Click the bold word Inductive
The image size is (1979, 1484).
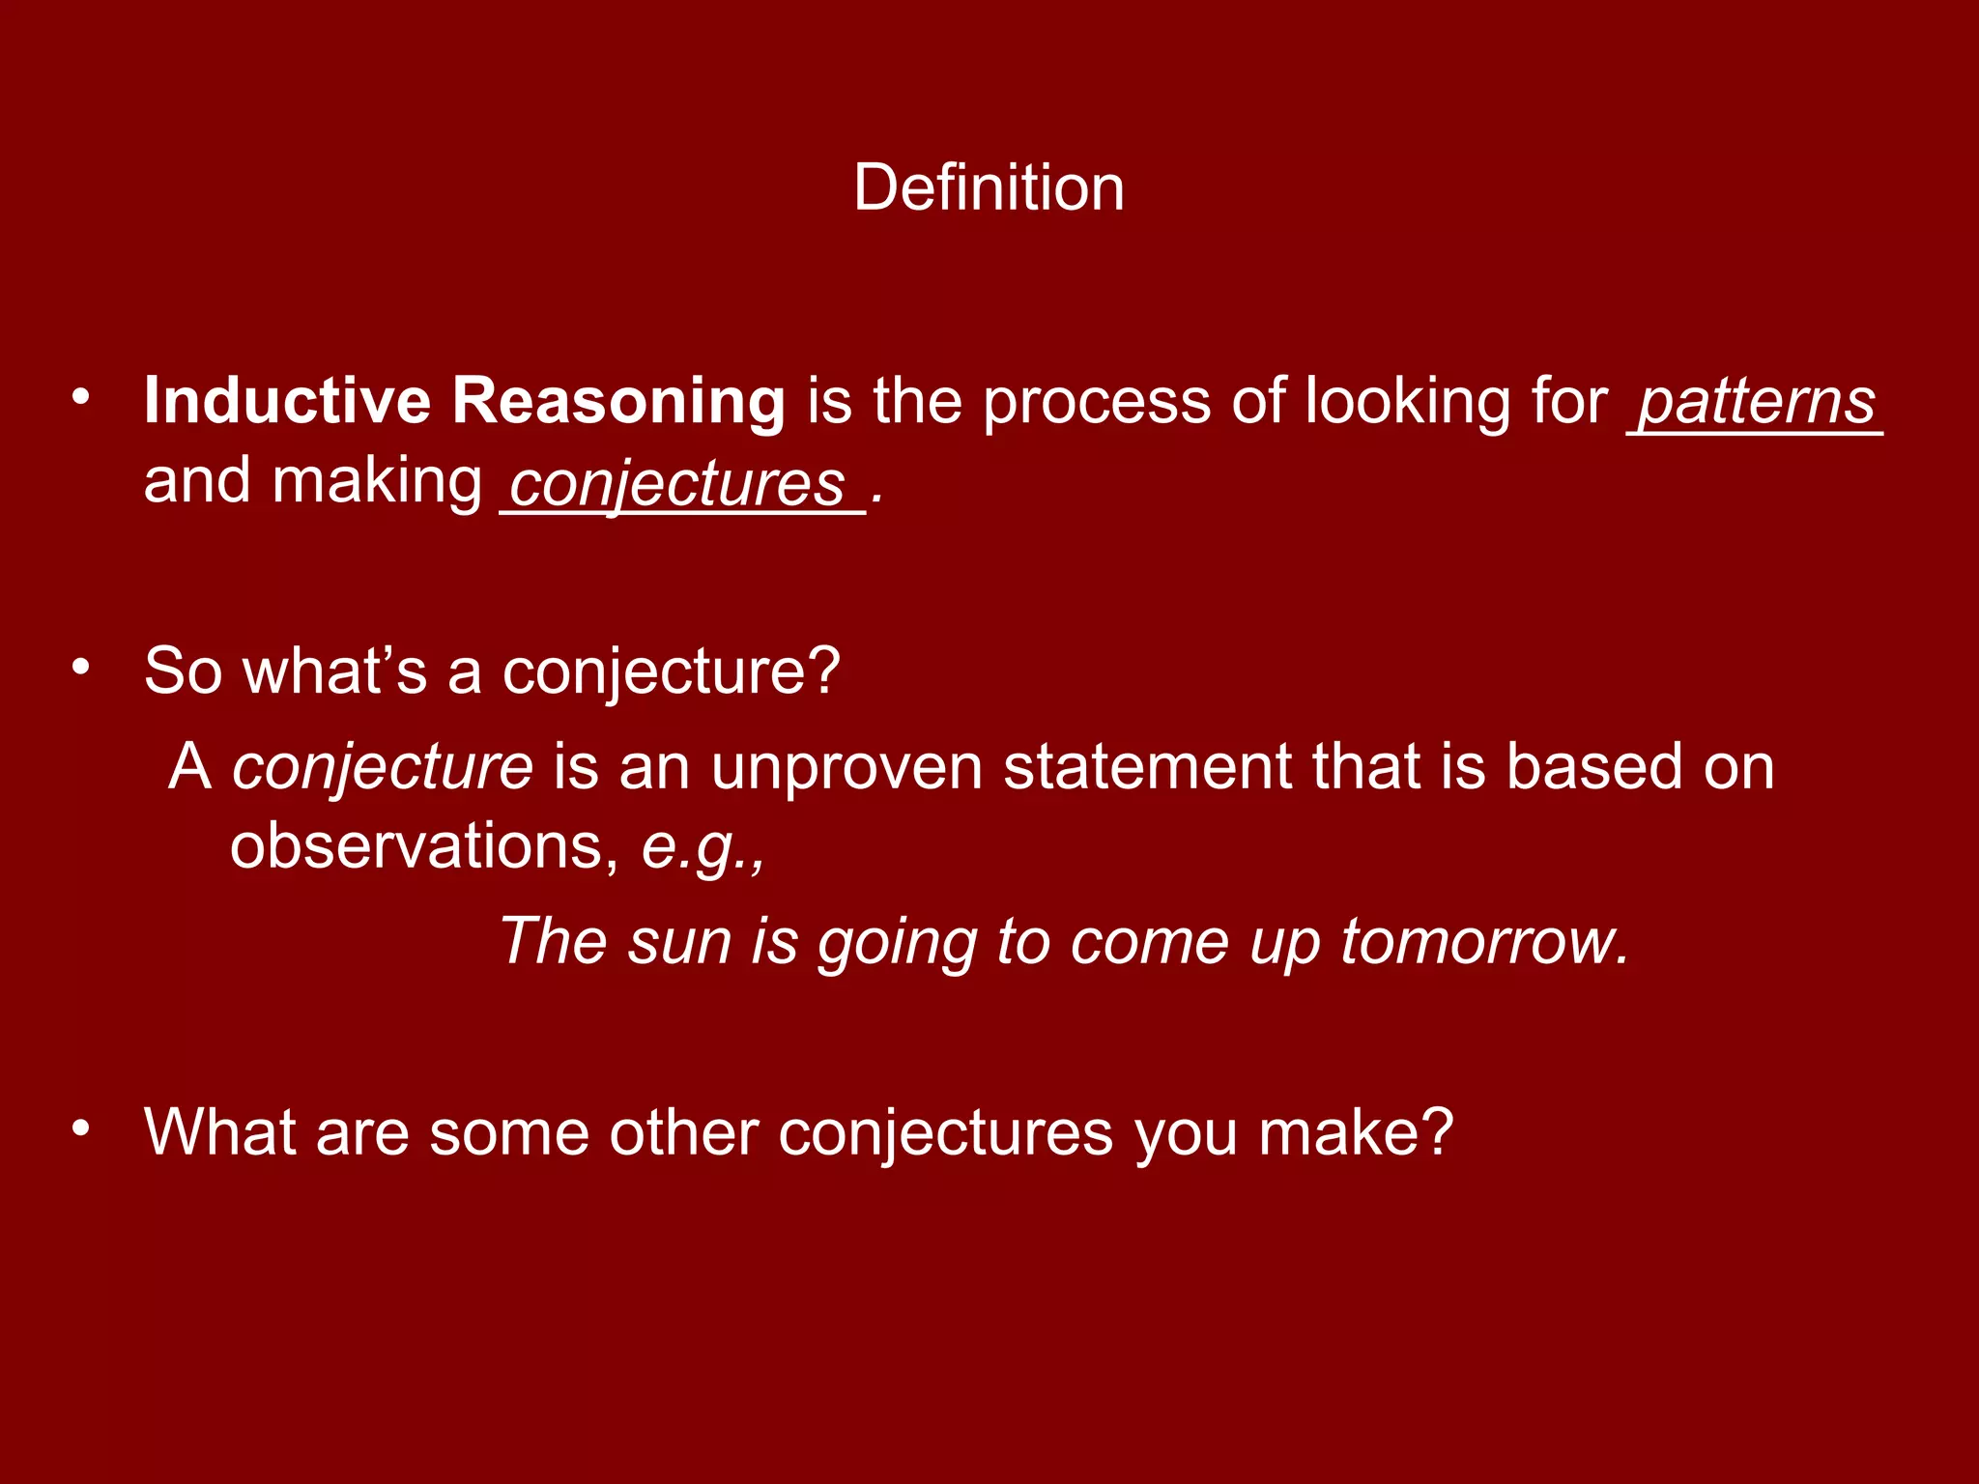tap(287, 400)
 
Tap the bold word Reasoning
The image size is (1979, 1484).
tap(618, 402)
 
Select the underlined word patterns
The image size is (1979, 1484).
tap(1757, 402)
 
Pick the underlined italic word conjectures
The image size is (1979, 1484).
tap(676, 483)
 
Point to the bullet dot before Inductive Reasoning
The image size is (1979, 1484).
tap(81, 396)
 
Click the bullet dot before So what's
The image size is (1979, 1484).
tap(81, 666)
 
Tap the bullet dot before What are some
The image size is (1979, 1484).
tap(81, 1127)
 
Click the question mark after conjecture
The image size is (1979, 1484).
tap(824, 670)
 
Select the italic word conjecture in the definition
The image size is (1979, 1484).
tap(383, 767)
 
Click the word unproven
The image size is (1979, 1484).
tap(846, 767)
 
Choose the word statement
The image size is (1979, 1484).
tap(1147, 767)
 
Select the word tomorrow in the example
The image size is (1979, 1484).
tap(1482, 941)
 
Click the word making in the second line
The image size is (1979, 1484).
tap(377, 481)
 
